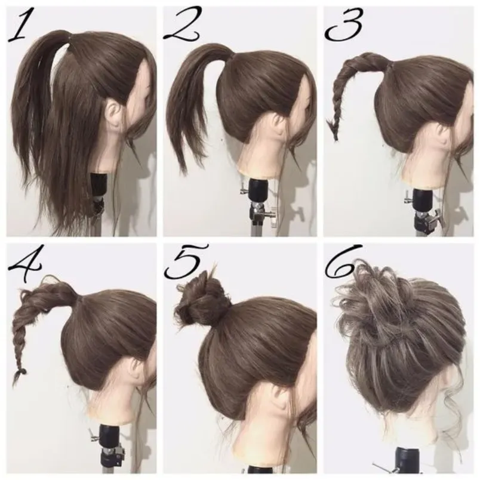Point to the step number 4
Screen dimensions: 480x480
tap(25, 263)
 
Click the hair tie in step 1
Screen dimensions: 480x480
tap(69, 36)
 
